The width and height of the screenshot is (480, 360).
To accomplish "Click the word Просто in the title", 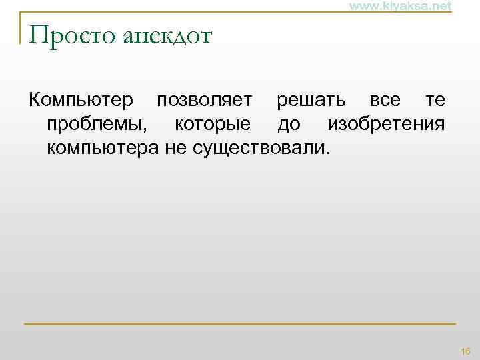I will tap(72, 35).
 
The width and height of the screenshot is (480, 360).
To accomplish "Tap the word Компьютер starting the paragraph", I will tap(80, 101).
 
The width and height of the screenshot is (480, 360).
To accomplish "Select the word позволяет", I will tap(204, 101).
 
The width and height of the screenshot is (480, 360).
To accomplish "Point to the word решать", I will tap(311, 101).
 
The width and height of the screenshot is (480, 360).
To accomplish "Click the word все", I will tap(385, 101).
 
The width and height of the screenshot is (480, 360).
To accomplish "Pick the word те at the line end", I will tap(435, 101).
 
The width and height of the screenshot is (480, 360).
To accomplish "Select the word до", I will tap(289, 124).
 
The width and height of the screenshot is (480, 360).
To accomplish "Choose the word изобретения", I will tap(386, 124).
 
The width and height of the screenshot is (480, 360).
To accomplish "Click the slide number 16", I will tap(465, 351).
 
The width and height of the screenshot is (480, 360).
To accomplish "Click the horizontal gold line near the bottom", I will tap(240, 324).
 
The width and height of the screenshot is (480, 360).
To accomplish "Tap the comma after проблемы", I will tap(152, 129).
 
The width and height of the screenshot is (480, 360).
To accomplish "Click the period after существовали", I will tap(327, 151).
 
